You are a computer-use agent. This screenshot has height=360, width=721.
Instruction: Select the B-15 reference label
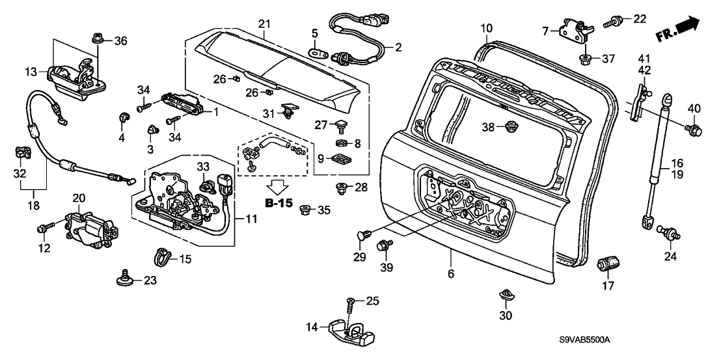point(279,202)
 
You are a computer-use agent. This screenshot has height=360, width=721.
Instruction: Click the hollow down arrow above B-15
point(279,187)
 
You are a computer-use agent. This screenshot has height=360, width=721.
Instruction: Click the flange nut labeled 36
point(98,37)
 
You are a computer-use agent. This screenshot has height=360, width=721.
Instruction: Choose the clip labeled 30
point(505,295)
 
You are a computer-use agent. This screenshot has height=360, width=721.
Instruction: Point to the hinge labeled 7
point(578,27)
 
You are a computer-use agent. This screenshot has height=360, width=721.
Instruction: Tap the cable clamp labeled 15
point(160,257)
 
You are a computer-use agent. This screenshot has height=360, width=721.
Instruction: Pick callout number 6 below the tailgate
point(451,274)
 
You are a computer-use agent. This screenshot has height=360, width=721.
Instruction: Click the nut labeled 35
point(305,211)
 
